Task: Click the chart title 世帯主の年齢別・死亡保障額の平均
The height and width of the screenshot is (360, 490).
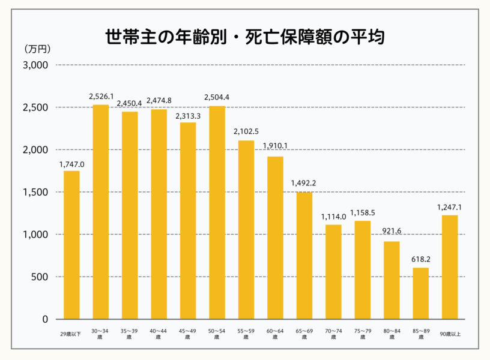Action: tap(244, 37)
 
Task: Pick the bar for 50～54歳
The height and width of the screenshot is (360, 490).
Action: tap(217, 212)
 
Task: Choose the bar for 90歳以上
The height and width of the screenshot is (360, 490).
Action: tap(450, 267)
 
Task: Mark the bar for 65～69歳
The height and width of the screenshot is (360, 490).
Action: tap(304, 255)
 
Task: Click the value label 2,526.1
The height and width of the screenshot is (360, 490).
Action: tap(101, 97)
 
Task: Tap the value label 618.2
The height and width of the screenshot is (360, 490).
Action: tap(420, 259)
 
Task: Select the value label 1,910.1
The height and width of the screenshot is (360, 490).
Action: tap(275, 146)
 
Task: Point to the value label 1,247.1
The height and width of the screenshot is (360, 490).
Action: tap(450, 207)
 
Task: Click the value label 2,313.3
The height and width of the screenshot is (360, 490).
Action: tap(188, 116)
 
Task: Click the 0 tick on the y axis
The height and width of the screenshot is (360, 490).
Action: tap(44, 319)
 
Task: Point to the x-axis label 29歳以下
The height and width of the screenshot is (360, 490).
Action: tap(71, 332)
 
